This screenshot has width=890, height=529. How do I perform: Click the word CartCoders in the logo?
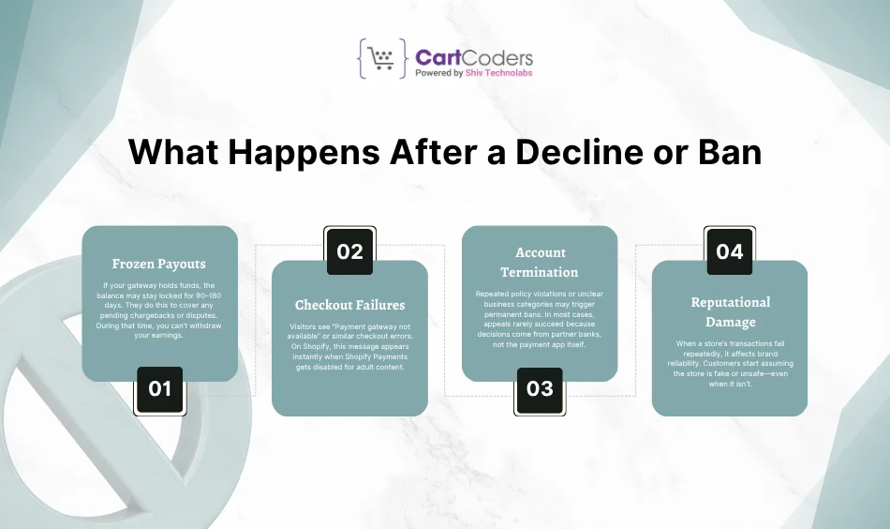pyautogui.click(x=474, y=57)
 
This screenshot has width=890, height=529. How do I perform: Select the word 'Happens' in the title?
pyautogui.click(x=284, y=152)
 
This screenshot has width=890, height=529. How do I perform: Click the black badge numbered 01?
pyautogui.click(x=160, y=387)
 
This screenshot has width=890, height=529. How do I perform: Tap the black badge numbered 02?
pyautogui.click(x=349, y=251)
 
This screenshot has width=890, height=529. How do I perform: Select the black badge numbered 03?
pyautogui.click(x=540, y=387)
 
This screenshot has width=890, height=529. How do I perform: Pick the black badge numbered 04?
pyautogui.click(x=729, y=251)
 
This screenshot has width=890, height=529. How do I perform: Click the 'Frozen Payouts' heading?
pyautogui.click(x=160, y=264)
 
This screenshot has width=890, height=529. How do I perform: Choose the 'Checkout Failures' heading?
pyautogui.click(x=349, y=305)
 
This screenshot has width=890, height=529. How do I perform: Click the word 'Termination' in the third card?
pyautogui.click(x=540, y=272)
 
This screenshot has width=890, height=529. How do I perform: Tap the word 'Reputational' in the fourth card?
pyautogui.click(x=730, y=302)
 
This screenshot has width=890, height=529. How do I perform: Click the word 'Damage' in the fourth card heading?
pyautogui.click(x=730, y=322)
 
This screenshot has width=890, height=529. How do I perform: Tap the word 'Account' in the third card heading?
pyautogui.click(x=541, y=252)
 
